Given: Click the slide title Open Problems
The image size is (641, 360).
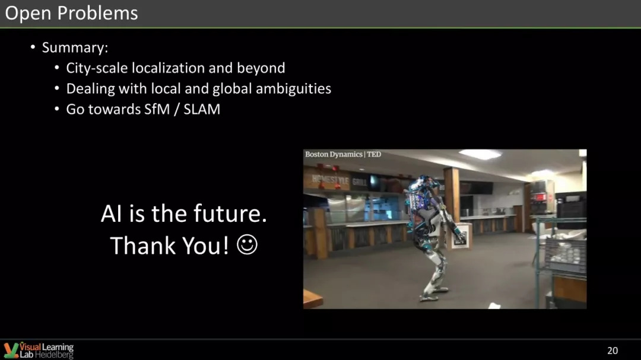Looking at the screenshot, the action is coord(72,13).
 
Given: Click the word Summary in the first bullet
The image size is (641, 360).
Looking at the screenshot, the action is coord(73,47).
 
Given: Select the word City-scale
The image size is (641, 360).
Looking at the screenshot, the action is coord(97,68).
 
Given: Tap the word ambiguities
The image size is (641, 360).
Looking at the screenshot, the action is coord(294,89).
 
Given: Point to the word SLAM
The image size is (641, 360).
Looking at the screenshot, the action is coord(202,109).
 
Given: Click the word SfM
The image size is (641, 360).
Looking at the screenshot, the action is coord(157,109).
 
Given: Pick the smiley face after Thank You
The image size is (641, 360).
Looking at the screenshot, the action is coord(247,245).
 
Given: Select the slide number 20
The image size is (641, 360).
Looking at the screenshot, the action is coord(613,351).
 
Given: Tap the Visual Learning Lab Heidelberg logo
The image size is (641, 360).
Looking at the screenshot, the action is coord(39,351).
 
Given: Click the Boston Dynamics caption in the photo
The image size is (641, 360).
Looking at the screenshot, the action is coord(334,154).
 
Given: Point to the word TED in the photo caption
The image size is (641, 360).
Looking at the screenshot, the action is coord(374,154).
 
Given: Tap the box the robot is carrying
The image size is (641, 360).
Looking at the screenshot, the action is coord(461,235).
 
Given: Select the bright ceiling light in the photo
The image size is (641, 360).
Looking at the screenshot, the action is coord(480,154).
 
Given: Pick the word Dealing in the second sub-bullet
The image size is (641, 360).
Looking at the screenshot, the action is coord(90,89).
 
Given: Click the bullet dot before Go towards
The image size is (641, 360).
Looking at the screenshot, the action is coord(57,110).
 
